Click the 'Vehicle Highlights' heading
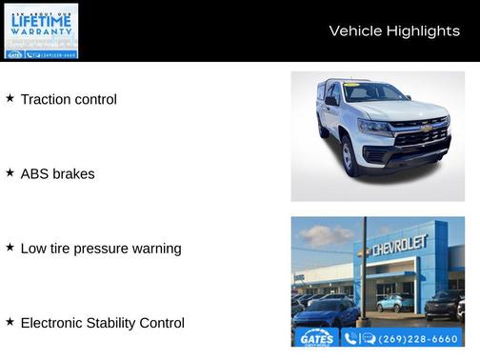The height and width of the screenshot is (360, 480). coord(394,31)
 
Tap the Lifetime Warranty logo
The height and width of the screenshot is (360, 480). coord(41,30)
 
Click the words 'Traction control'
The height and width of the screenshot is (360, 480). coord(69,99)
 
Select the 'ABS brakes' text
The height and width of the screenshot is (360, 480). coord(57,174)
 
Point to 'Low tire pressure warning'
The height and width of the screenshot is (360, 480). coord(100,249)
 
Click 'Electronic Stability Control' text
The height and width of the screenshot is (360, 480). coord(102,323)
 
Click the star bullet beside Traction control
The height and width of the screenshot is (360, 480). coord(10,98)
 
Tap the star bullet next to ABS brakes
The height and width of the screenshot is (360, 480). coord(10,173)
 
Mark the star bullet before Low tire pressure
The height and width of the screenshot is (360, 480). coord(10,248)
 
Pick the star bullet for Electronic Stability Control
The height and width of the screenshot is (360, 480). coord(10,322)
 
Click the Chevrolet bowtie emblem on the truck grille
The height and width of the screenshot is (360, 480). coord(426,127)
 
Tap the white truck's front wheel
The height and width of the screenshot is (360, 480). coord(350,157)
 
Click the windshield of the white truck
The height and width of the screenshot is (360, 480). coord(374,93)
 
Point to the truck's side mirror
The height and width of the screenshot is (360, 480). coord(330,101)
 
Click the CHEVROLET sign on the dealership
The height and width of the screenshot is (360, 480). coord(399,247)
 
